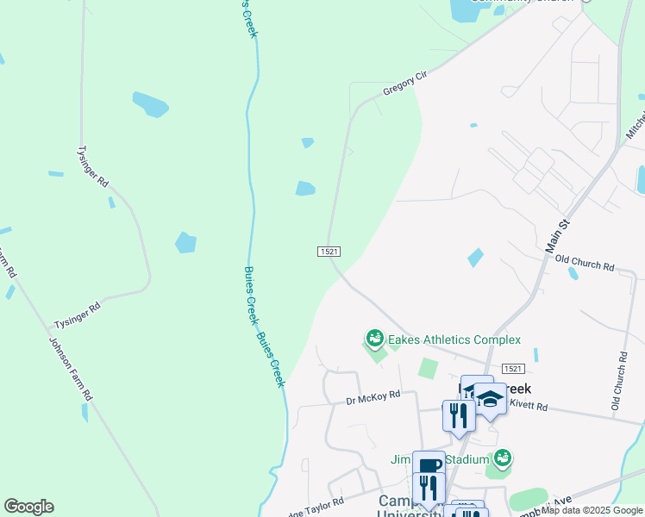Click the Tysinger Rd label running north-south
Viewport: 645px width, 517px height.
click(92, 165)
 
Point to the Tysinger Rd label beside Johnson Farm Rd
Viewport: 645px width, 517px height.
click(78, 315)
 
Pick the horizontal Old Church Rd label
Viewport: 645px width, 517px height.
click(585, 262)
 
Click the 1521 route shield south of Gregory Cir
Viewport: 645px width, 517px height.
click(329, 251)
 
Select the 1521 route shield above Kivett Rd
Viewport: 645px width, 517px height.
click(512, 368)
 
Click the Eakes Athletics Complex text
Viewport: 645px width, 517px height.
click(454, 340)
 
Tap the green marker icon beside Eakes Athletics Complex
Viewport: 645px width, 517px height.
click(374, 339)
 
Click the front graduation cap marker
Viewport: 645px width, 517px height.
click(491, 399)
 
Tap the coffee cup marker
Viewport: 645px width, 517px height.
click(429, 465)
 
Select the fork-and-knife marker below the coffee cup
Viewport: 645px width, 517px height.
click(429, 489)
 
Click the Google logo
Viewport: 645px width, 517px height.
click(28, 507)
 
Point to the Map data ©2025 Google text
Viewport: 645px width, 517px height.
click(592, 510)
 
